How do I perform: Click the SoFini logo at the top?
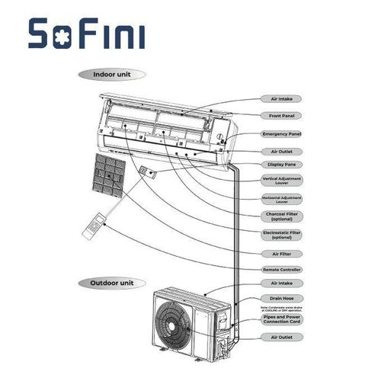coord(85,34)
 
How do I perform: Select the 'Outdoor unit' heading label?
coord(111,282)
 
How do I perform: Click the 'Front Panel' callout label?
coord(282,116)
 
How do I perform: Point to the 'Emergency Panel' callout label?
coord(282,133)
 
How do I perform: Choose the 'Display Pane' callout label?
coord(282,165)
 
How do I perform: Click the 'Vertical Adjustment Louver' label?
coord(282,181)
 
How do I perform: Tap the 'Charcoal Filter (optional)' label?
coord(282,217)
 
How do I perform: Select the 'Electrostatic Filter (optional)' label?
coord(282,235)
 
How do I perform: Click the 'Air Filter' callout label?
coord(282,253)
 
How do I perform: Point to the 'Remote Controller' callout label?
coord(282,270)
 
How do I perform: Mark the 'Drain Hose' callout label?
coord(282,298)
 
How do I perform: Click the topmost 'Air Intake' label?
coord(282,99)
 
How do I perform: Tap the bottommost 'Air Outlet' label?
coord(282,336)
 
